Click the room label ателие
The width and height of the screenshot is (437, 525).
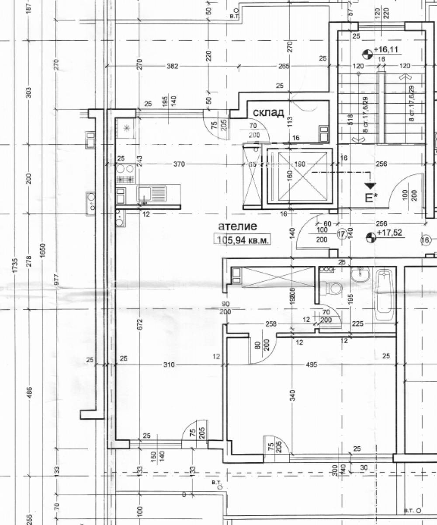[237, 226]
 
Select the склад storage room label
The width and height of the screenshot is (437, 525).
[268, 112]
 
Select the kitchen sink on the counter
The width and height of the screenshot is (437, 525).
[151, 193]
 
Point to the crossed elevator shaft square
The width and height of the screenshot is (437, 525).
[299, 177]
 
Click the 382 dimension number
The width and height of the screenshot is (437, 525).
[173, 66]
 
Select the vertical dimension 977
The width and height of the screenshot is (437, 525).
[56, 282]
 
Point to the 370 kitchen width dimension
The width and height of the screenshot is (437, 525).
[179, 164]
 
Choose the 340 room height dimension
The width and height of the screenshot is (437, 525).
[292, 395]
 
